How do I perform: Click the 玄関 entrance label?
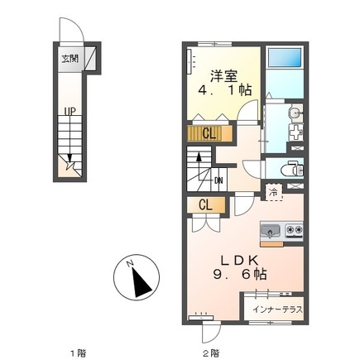[x=69, y=59]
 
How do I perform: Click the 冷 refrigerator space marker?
[x=273, y=194]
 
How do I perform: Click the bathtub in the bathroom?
[x=286, y=59]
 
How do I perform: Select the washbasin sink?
[x=294, y=115]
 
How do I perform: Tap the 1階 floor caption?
[x=77, y=352]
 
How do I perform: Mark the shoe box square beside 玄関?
[x=91, y=59]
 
